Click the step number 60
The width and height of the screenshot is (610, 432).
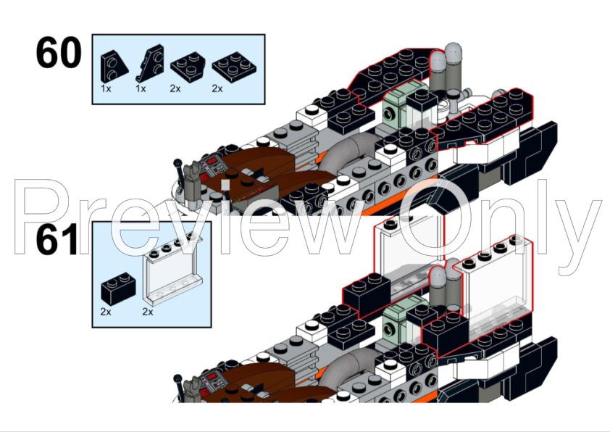click(x=59, y=52)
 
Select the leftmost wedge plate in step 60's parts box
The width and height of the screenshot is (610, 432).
click(x=114, y=67)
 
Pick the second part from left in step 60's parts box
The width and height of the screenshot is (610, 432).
click(x=150, y=63)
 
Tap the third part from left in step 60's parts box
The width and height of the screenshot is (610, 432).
click(x=188, y=67)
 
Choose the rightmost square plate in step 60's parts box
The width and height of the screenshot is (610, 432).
click(x=235, y=67)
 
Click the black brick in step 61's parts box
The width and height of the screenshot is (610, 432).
click(x=118, y=288)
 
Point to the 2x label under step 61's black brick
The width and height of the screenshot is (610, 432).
click(x=106, y=312)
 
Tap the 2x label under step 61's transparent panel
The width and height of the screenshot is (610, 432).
click(x=148, y=312)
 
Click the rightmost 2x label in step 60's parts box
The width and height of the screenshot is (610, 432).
click(x=217, y=88)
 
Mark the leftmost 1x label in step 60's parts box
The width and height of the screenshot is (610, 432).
click(x=106, y=88)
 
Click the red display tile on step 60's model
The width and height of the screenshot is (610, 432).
click(x=212, y=160)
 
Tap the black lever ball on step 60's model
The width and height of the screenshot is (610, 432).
click(x=177, y=162)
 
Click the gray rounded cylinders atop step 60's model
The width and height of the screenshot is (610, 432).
click(x=446, y=67)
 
